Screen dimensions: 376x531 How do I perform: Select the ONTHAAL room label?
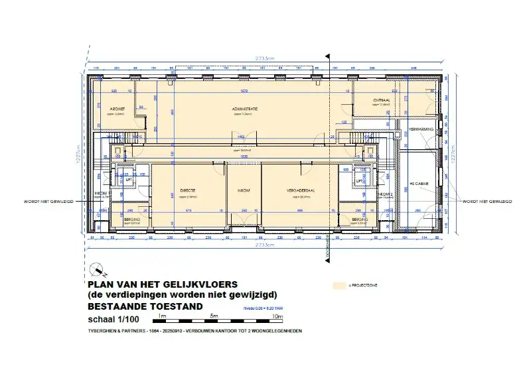coord(382,99)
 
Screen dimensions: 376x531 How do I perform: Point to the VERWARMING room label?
coord(421,129)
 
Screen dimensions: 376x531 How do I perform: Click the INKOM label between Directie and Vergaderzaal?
coord(244,191)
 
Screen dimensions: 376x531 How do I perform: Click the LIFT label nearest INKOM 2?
coord(359,180)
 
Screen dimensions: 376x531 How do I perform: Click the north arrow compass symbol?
coord(98,270)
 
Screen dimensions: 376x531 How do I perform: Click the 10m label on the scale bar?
coord(277,317)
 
